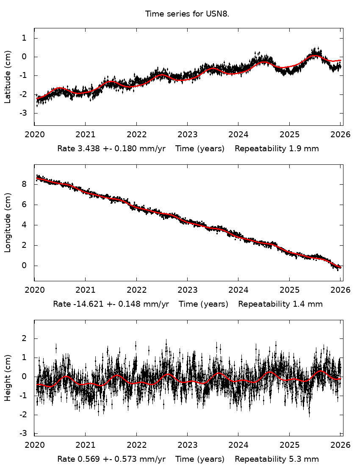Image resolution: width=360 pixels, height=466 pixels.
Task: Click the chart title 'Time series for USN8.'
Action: pyautogui.click(x=187, y=14)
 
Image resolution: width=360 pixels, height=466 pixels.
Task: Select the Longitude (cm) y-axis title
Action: pyautogui.click(x=7, y=223)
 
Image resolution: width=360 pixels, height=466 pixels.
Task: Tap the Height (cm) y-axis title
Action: pyautogui.click(x=7, y=378)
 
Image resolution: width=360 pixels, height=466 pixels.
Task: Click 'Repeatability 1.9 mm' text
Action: pyautogui.click(x=277, y=149)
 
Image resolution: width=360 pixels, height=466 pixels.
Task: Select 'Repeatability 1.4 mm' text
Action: pyautogui.click(x=280, y=304)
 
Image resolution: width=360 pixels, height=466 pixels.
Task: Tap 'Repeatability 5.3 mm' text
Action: pyautogui.click(x=277, y=459)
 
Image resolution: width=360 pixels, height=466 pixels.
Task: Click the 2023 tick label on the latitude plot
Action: pyautogui.click(x=187, y=135)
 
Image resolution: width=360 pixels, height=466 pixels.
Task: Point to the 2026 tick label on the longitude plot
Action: pyautogui.click(x=341, y=290)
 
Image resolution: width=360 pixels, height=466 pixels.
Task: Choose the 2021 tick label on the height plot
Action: pyautogui.click(x=85, y=445)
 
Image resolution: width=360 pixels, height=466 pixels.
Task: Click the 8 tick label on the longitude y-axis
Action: pyautogui.click(x=24, y=184)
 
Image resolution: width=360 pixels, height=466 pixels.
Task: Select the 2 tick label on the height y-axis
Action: pyautogui.click(x=24, y=338)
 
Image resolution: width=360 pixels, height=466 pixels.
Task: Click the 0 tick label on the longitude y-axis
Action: pyautogui.click(x=24, y=266)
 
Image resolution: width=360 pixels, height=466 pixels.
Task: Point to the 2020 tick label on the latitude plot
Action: pyautogui.click(x=34, y=135)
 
